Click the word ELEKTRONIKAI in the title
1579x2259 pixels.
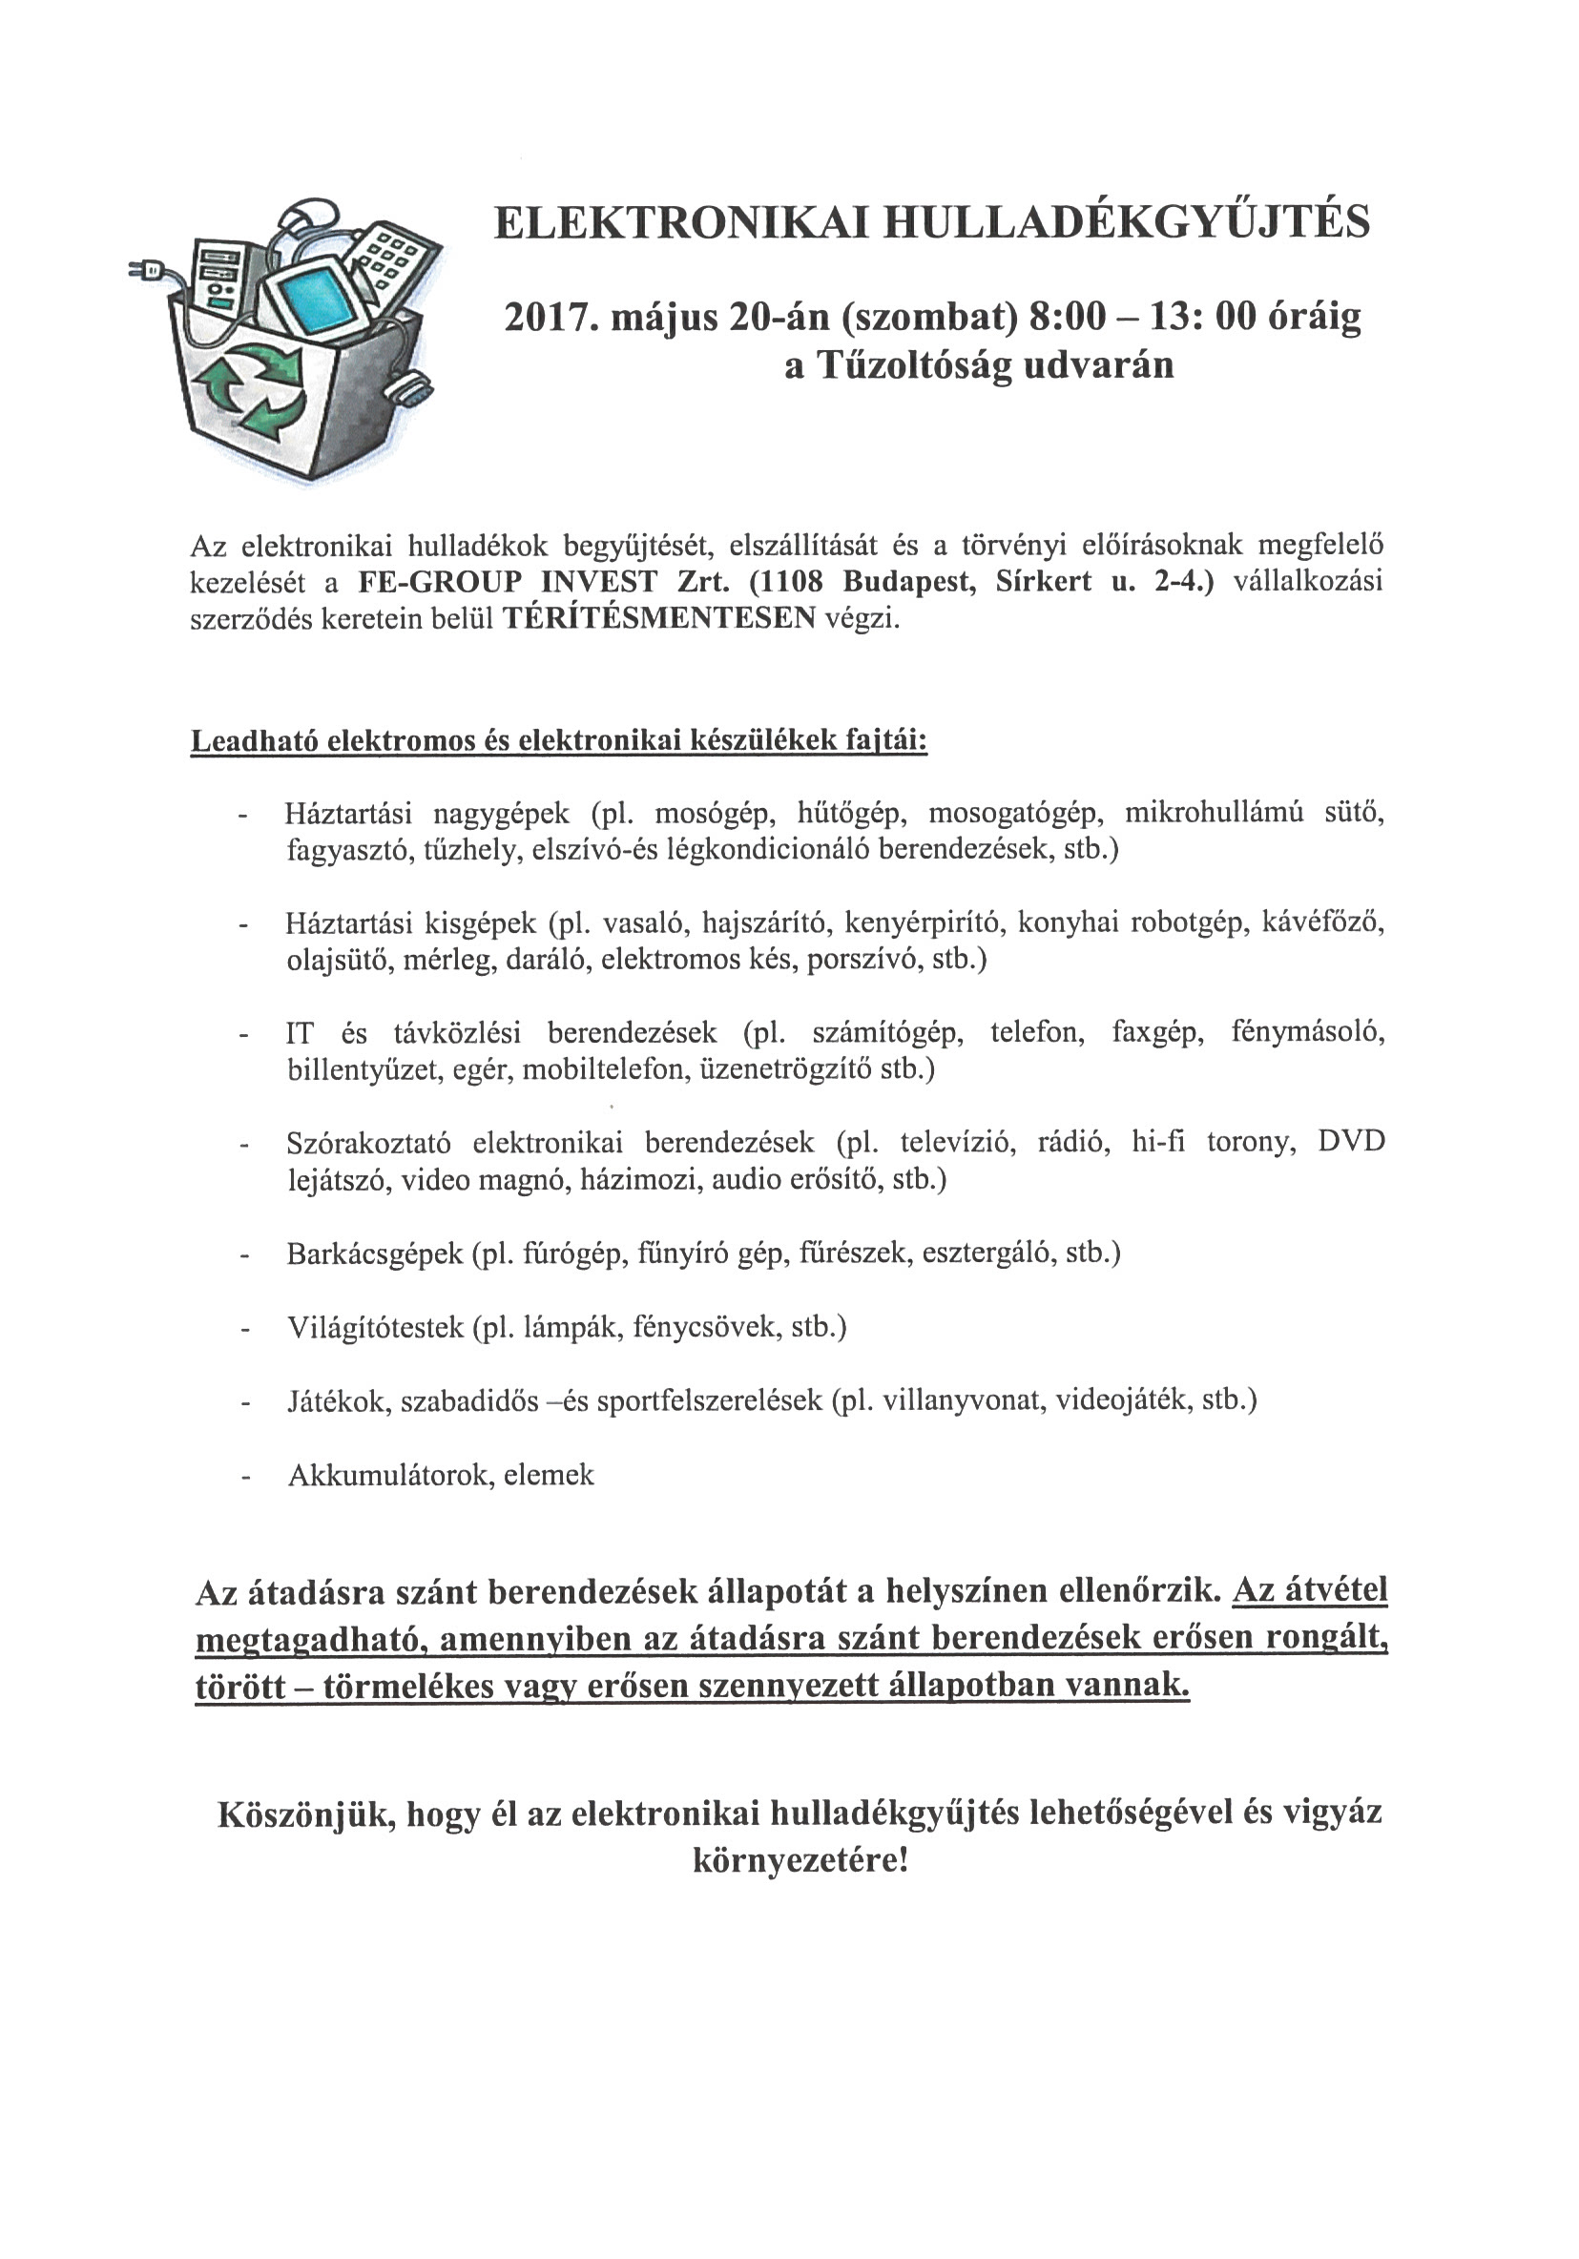coord(681,223)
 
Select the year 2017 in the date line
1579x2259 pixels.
coord(546,318)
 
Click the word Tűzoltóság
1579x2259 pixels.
coord(915,366)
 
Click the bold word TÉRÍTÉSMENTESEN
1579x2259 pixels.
coord(659,618)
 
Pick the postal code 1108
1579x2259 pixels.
coord(786,582)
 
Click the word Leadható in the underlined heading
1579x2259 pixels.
coord(252,741)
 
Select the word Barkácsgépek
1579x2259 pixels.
coord(375,1254)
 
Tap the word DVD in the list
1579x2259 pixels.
coord(1351,1142)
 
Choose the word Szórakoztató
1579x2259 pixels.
coord(369,1142)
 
